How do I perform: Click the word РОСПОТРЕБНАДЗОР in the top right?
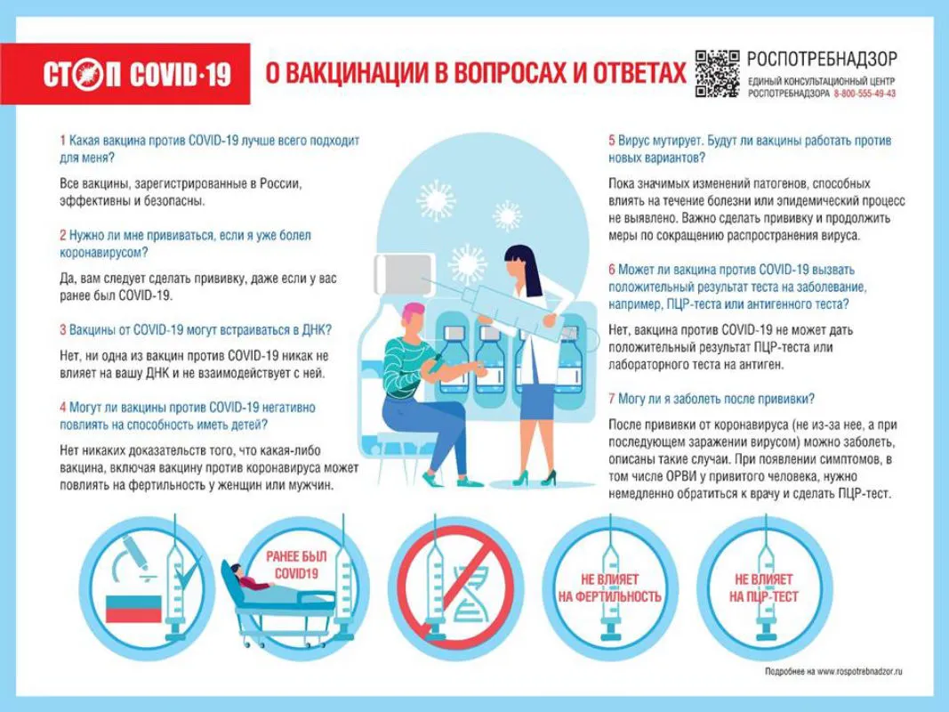[821, 60]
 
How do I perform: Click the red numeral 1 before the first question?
[62, 141]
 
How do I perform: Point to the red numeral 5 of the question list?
[612, 141]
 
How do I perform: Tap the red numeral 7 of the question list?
[612, 399]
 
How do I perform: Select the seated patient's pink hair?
[413, 313]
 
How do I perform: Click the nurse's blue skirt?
[536, 400]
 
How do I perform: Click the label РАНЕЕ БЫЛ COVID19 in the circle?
[296, 565]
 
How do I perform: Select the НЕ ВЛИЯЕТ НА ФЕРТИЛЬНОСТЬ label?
[609, 588]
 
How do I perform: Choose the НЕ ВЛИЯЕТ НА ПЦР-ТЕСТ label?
[763, 588]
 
